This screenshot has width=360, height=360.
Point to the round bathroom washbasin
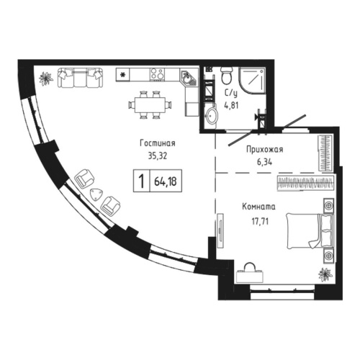point(212,114)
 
